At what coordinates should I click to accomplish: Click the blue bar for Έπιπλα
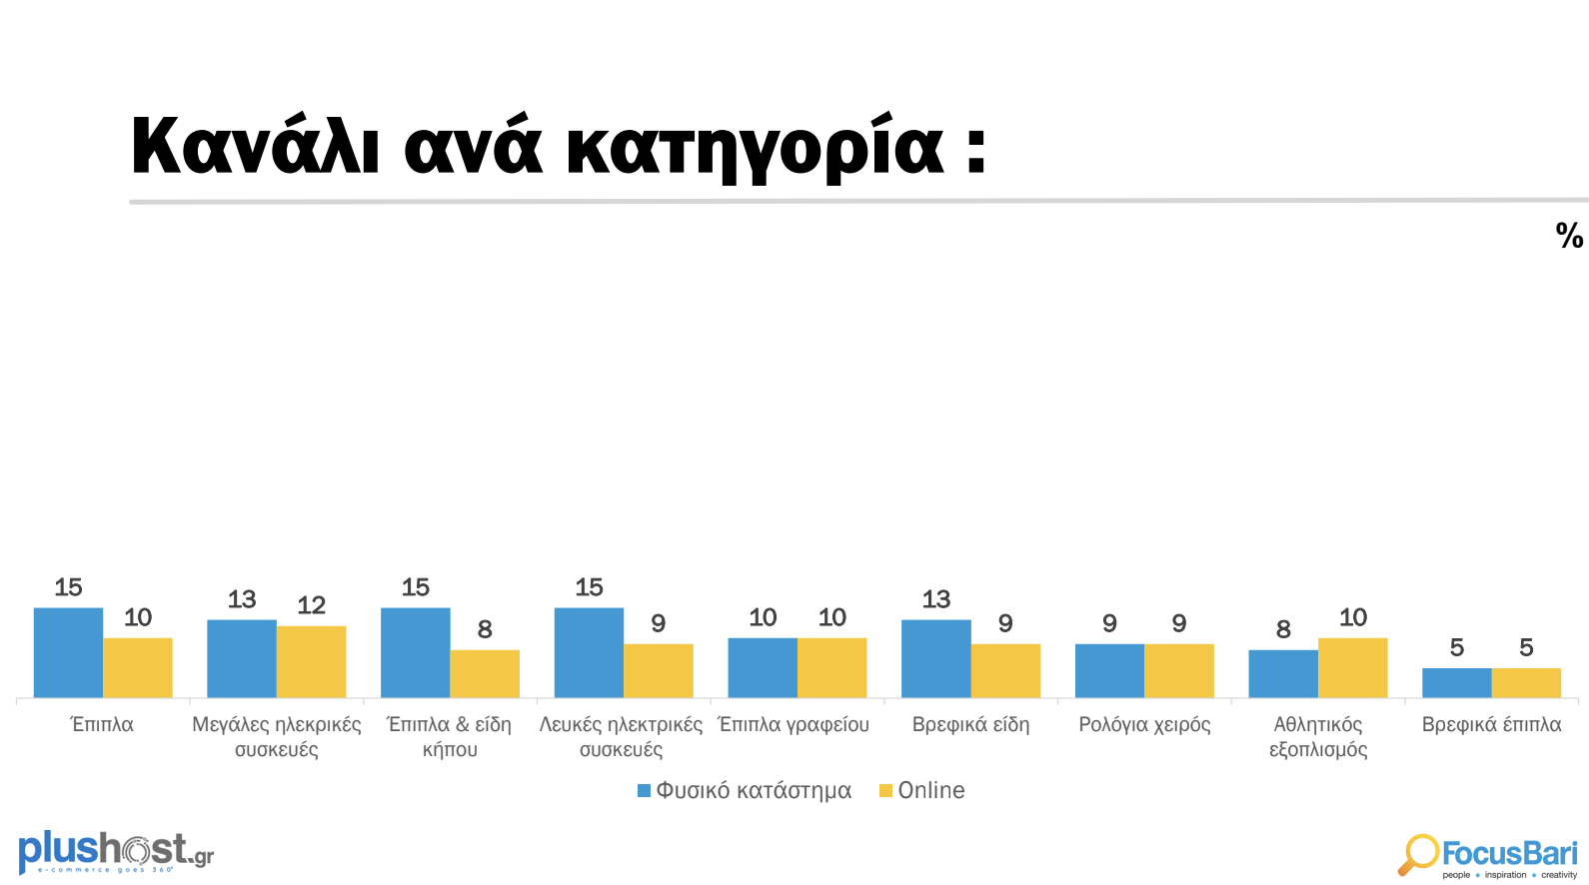68,652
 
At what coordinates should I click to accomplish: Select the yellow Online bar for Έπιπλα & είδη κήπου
485,673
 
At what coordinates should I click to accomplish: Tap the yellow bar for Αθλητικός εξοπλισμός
1352,667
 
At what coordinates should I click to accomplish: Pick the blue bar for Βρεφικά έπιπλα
1456,683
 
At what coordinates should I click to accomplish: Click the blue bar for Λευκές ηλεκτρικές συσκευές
589,652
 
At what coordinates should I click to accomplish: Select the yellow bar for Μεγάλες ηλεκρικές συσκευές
311,661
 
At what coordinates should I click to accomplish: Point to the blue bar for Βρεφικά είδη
935,658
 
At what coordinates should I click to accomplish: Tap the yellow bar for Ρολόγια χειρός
1179,670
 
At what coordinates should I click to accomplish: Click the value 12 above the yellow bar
311,605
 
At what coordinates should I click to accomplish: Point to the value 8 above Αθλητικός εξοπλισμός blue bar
1283,629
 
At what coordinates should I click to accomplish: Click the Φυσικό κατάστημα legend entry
745,791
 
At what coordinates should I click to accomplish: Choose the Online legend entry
922,791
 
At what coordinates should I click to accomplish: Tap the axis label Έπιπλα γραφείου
794,724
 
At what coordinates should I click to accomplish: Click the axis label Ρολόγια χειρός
1144,724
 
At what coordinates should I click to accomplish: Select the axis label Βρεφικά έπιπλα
1491,724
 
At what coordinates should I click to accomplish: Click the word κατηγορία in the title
755,148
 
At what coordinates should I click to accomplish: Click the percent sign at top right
1569,236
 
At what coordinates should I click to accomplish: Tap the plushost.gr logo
116,852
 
